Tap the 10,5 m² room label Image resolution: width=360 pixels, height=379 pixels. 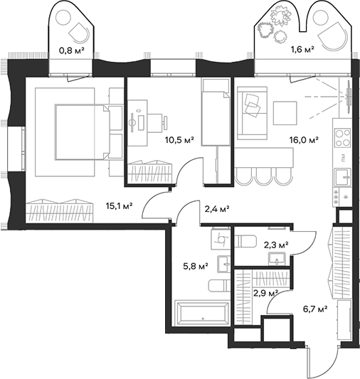(x=179, y=139)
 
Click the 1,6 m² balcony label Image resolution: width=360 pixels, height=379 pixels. (x=304, y=51)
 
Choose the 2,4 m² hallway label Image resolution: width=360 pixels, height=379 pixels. (x=216, y=209)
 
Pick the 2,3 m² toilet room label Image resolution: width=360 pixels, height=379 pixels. (x=276, y=245)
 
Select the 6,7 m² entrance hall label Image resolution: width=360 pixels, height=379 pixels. (x=314, y=309)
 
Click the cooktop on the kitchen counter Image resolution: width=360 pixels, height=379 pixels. (x=342, y=134)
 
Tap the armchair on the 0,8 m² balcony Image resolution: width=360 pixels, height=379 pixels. (x=79, y=31)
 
